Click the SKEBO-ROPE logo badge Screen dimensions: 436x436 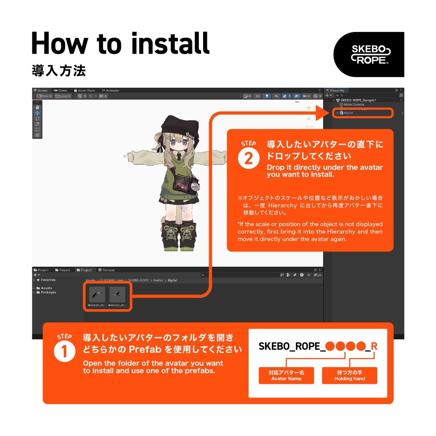pos(368,54)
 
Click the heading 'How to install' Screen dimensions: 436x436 pos(120,43)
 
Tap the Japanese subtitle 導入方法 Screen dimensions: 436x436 pos(59,71)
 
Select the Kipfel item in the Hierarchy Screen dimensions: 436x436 pos(348,113)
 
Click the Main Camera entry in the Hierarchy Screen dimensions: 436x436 pos(353,104)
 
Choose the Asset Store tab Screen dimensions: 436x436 pos(86,90)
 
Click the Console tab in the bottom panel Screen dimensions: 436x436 pos(108,270)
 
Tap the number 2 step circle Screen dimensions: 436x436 pos(248,159)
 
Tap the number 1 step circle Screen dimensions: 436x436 pos(64,351)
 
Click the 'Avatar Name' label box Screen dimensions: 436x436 pos(286,376)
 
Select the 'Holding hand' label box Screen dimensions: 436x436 pos(350,376)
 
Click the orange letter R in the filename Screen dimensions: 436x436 pos(374,346)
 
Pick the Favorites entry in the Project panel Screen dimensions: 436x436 pos(48,280)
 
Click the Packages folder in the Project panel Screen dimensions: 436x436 pos(48,293)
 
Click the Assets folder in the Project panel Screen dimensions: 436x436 pos(46,288)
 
